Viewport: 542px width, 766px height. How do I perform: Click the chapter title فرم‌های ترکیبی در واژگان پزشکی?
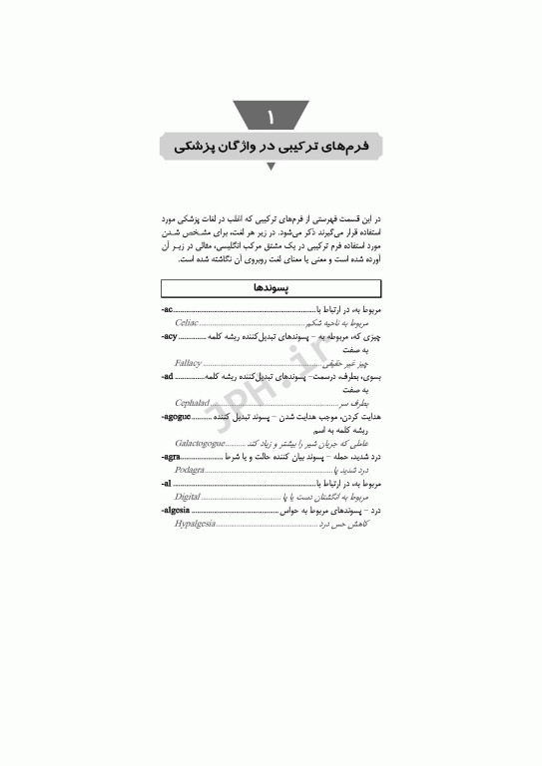click(x=271, y=146)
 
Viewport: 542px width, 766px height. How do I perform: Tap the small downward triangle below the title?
click(x=271, y=168)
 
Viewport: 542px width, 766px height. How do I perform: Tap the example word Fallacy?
click(x=189, y=364)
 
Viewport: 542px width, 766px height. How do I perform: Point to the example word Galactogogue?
click(x=200, y=442)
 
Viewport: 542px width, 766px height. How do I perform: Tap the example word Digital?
click(x=188, y=495)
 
